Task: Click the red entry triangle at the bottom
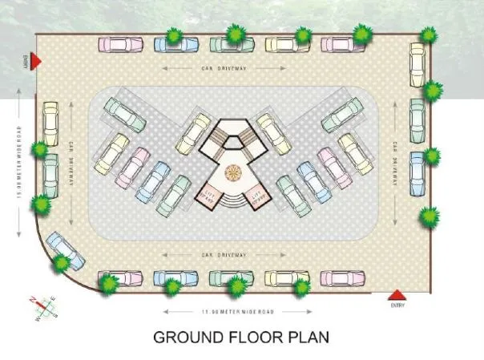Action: (397, 294)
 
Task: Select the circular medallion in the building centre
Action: (233, 172)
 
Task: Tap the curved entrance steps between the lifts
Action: (233, 201)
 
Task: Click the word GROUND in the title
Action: (192, 337)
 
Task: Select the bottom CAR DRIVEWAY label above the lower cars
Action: (232, 255)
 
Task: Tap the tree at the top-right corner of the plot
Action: (430, 34)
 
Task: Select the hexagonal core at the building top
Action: (233, 142)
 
